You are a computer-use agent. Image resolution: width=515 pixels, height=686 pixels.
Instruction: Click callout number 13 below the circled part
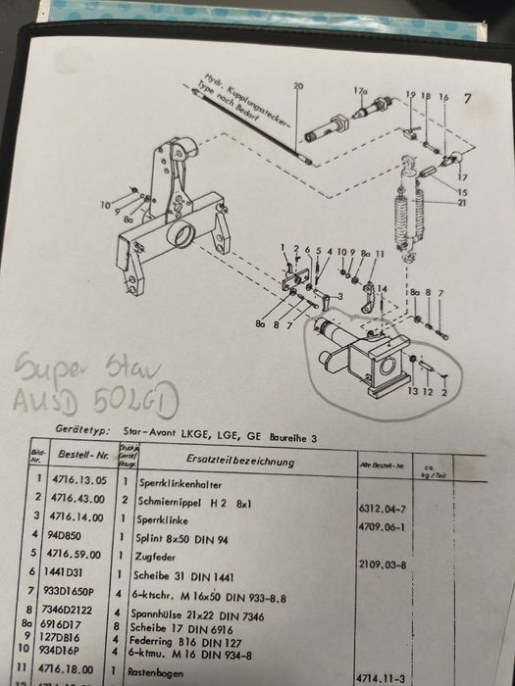[413, 391]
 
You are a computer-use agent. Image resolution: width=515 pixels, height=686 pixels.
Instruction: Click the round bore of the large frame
[183, 236]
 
